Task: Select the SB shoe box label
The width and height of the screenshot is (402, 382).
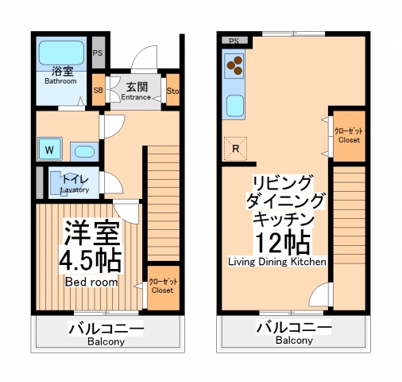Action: [x=98, y=90]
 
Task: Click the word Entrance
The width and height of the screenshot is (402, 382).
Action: [x=135, y=97]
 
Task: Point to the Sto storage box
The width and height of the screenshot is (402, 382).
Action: [x=173, y=90]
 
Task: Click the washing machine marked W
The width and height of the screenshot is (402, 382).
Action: [x=48, y=149]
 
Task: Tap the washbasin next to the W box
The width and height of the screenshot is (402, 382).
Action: [x=83, y=150]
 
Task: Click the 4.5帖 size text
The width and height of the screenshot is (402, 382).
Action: [x=90, y=259]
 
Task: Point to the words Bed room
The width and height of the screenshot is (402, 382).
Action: [x=91, y=282]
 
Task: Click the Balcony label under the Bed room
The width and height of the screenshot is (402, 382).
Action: [x=106, y=341]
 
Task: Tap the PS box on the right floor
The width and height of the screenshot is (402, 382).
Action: [x=234, y=41]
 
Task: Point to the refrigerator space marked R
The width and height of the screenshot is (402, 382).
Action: [x=235, y=148]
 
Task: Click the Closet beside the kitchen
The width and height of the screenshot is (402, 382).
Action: [x=349, y=135]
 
